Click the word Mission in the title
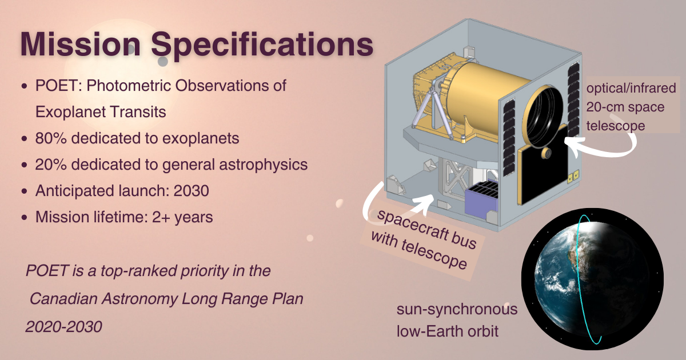[x=80, y=44]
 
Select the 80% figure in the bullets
[x=50, y=138]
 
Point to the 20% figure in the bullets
[x=50, y=165]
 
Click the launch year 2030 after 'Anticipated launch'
[x=192, y=191]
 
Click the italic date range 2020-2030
[x=63, y=327]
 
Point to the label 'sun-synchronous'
[x=457, y=310]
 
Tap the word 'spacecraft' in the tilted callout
[x=410, y=226]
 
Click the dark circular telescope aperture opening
[x=544, y=117]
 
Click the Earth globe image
[x=592, y=279]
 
